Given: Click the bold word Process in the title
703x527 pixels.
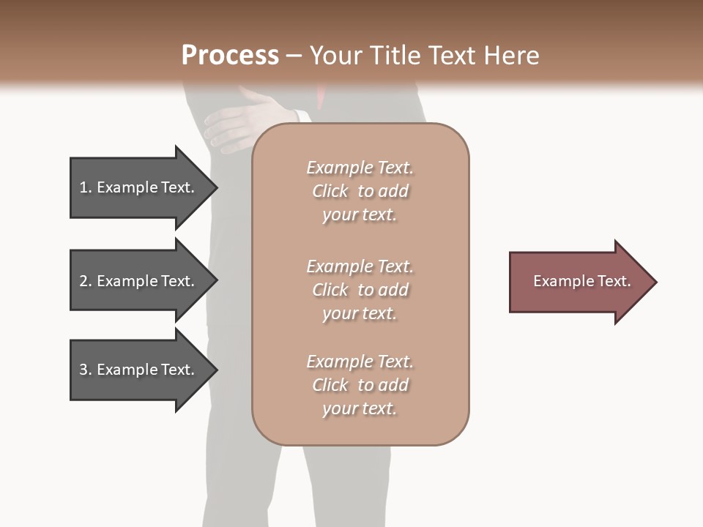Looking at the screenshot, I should [230, 56].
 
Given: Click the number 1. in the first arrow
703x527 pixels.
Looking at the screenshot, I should [85, 187].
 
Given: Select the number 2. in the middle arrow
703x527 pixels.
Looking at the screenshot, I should [85, 281].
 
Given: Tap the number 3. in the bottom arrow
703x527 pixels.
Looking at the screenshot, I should [85, 370].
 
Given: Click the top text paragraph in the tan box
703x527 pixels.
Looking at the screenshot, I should [360, 191].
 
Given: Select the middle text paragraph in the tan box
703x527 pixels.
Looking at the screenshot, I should [360, 290].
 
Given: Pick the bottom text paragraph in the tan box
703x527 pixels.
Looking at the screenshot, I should [360, 385].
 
